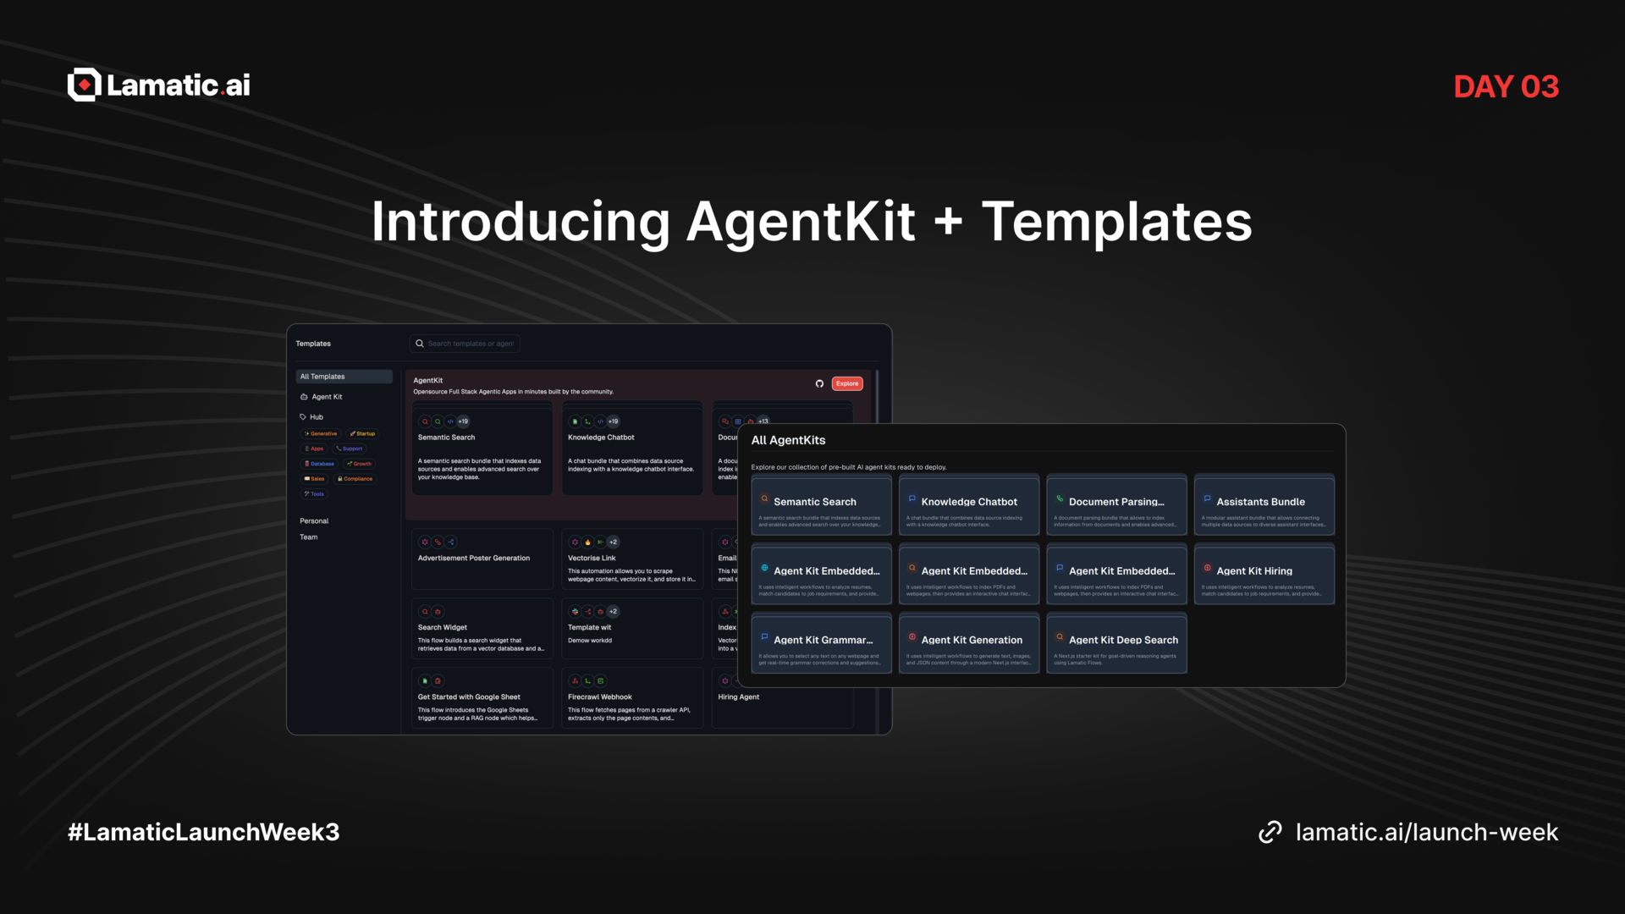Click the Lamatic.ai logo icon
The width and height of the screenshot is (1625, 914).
85,85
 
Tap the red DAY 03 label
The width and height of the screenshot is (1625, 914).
1506,86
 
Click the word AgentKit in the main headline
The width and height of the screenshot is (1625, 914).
800,222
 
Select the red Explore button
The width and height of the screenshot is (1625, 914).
846,383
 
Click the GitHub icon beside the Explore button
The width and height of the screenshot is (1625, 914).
819,383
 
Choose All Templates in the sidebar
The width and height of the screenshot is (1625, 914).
322,377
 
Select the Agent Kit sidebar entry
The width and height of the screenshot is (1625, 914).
327,397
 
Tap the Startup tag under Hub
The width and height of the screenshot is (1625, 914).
364,433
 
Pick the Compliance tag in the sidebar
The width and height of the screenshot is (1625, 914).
355,479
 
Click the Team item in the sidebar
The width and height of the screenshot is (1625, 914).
309,537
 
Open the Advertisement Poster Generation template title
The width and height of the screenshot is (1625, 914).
473,559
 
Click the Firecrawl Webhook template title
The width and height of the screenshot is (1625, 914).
599,697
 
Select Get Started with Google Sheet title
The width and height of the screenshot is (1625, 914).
468,697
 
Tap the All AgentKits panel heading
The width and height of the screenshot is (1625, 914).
788,440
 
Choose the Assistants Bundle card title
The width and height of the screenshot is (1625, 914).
1260,502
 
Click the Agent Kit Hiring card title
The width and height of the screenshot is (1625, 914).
1253,571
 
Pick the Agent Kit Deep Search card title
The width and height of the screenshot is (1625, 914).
1122,641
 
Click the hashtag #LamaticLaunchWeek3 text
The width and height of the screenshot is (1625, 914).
203,832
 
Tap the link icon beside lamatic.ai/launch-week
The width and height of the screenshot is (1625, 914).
1270,832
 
